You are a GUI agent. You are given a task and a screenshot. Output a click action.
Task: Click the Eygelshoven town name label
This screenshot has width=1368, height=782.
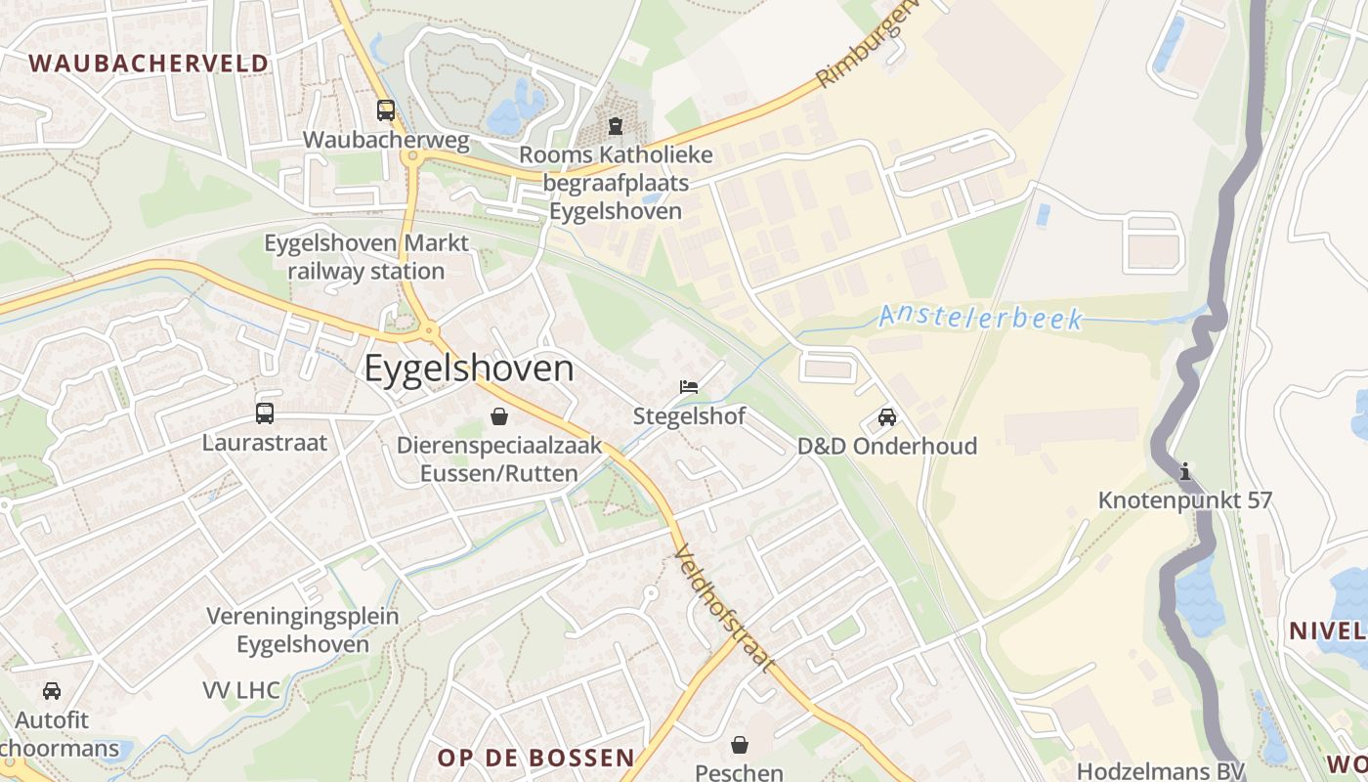(469, 369)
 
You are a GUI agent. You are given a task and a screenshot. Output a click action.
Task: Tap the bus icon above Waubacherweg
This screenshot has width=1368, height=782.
(386, 110)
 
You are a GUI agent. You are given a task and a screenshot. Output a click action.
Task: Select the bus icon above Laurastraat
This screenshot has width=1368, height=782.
(265, 413)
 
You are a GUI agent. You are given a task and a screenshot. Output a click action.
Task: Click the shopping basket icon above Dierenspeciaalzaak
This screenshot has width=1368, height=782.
(499, 417)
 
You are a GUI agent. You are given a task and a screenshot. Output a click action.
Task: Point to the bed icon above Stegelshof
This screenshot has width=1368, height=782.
(689, 387)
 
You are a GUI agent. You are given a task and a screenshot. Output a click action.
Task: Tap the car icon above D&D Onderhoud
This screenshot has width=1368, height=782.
(887, 417)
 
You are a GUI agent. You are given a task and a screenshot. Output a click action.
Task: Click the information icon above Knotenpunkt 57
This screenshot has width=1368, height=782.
(1185, 472)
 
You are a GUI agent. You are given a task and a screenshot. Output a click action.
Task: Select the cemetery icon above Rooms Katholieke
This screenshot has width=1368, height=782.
(616, 126)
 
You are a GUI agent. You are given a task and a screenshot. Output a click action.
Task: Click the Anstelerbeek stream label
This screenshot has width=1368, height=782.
(980, 318)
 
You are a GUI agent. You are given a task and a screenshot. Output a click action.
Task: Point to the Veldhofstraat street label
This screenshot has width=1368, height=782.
(724, 608)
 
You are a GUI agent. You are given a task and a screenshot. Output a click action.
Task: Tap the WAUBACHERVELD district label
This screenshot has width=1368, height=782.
(149, 64)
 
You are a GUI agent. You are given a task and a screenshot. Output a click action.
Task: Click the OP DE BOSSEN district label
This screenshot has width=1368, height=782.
(535, 758)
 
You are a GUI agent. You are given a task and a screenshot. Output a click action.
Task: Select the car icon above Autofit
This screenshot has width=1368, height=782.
(52, 691)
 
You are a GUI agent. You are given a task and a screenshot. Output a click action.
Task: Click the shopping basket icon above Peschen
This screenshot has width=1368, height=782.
(740, 745)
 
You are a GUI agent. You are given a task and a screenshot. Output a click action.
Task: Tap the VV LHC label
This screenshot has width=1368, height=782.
(241, 690)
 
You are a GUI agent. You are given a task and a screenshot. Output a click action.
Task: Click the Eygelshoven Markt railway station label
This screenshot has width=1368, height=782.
(366, 256)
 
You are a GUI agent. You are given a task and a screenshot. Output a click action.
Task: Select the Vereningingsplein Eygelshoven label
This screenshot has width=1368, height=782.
(303, 630)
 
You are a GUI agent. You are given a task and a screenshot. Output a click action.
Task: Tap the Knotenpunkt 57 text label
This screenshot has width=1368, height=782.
(1185, 500)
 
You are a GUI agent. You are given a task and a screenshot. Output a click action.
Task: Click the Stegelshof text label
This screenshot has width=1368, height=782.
(689, 416)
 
